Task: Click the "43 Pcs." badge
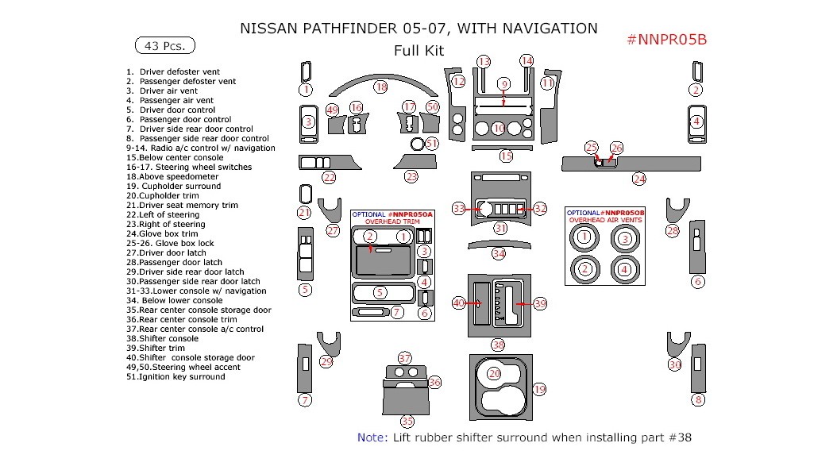165,46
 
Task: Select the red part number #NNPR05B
666,40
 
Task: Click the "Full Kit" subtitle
418,51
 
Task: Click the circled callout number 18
381,87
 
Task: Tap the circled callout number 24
639,179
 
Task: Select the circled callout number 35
407,421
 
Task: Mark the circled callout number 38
498,345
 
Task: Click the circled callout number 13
484,61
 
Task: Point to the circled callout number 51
432,144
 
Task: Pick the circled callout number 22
329,177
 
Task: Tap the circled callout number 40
459,303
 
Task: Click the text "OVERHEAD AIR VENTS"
605,220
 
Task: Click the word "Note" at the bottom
370,437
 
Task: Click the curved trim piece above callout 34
498,243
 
